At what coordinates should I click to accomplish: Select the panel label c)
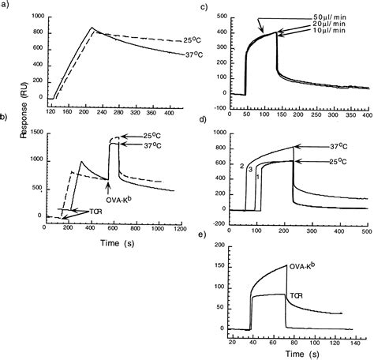[x=204, y=8]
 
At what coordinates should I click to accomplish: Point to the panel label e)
[x=204, y=234]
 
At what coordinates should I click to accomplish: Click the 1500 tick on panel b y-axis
[x=36, y=134]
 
